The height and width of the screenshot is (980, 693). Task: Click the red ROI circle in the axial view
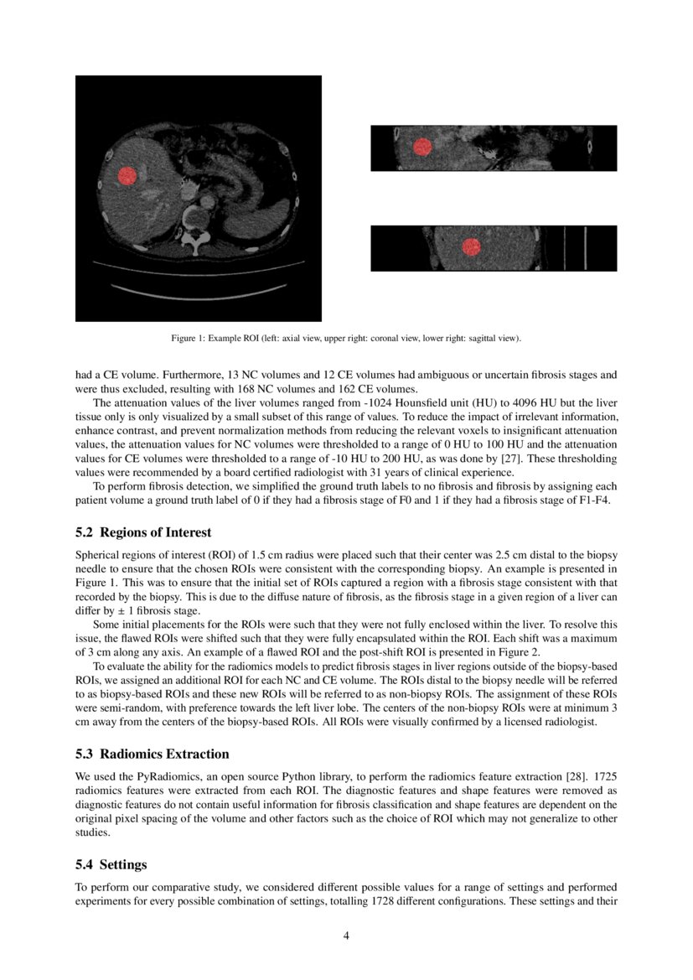pos(127,176)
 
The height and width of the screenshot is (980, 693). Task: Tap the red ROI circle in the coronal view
pos(422,148)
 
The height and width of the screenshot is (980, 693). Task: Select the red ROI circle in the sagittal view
pos(472,247)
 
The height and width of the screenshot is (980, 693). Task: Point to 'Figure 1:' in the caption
pos(189,339)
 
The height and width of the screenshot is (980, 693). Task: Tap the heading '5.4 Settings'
pos(111,864)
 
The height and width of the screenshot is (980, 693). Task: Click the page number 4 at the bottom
pos(346,936)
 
